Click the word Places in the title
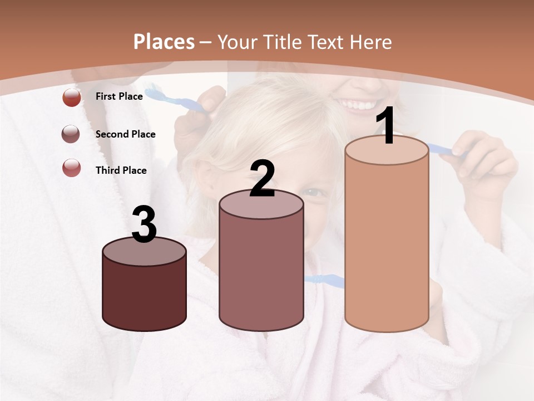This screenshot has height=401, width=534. [x=164, y=42]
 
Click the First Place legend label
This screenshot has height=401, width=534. [x=119, y=96]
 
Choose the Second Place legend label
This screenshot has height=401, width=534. [x=125, y=134]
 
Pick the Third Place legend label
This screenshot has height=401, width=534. [x=121, y=170]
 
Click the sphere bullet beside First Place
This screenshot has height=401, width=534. [x=72, y=97]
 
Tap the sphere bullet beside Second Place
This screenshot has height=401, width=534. [x=71, y=134]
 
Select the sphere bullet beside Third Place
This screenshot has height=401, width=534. [x=72, y=168]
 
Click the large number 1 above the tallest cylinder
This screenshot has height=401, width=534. [x=386, y=126]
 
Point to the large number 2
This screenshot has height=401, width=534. [x=262, y=179]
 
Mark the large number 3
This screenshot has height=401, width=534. [x=144, y=225]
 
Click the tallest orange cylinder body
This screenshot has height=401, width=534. [x=387, y=245]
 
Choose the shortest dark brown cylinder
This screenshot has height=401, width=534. [x=144, y=295]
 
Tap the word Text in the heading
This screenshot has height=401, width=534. [x=332, y=42]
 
